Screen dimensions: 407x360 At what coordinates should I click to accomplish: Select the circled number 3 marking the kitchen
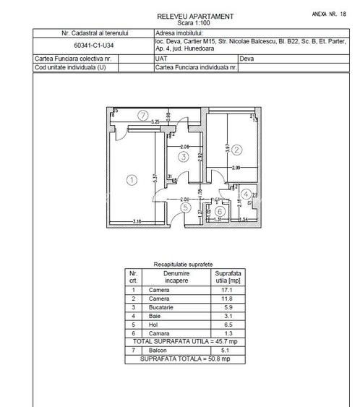click(x=184, y=157)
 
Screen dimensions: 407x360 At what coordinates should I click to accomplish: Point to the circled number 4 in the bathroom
click(x=246, y=194)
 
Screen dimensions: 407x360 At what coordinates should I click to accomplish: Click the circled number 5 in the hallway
click(x=185, y=208)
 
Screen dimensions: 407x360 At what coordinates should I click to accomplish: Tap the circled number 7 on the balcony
click(x=143, y=115)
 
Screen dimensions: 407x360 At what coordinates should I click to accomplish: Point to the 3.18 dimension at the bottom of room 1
click(x=135, y=220)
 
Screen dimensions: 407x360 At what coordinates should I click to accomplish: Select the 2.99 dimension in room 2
click(x=236, y=168)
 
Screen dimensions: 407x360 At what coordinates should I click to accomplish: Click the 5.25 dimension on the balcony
click(x=155, y=121)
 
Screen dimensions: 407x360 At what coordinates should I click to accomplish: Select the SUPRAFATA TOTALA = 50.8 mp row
click(x=185, y=358)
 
